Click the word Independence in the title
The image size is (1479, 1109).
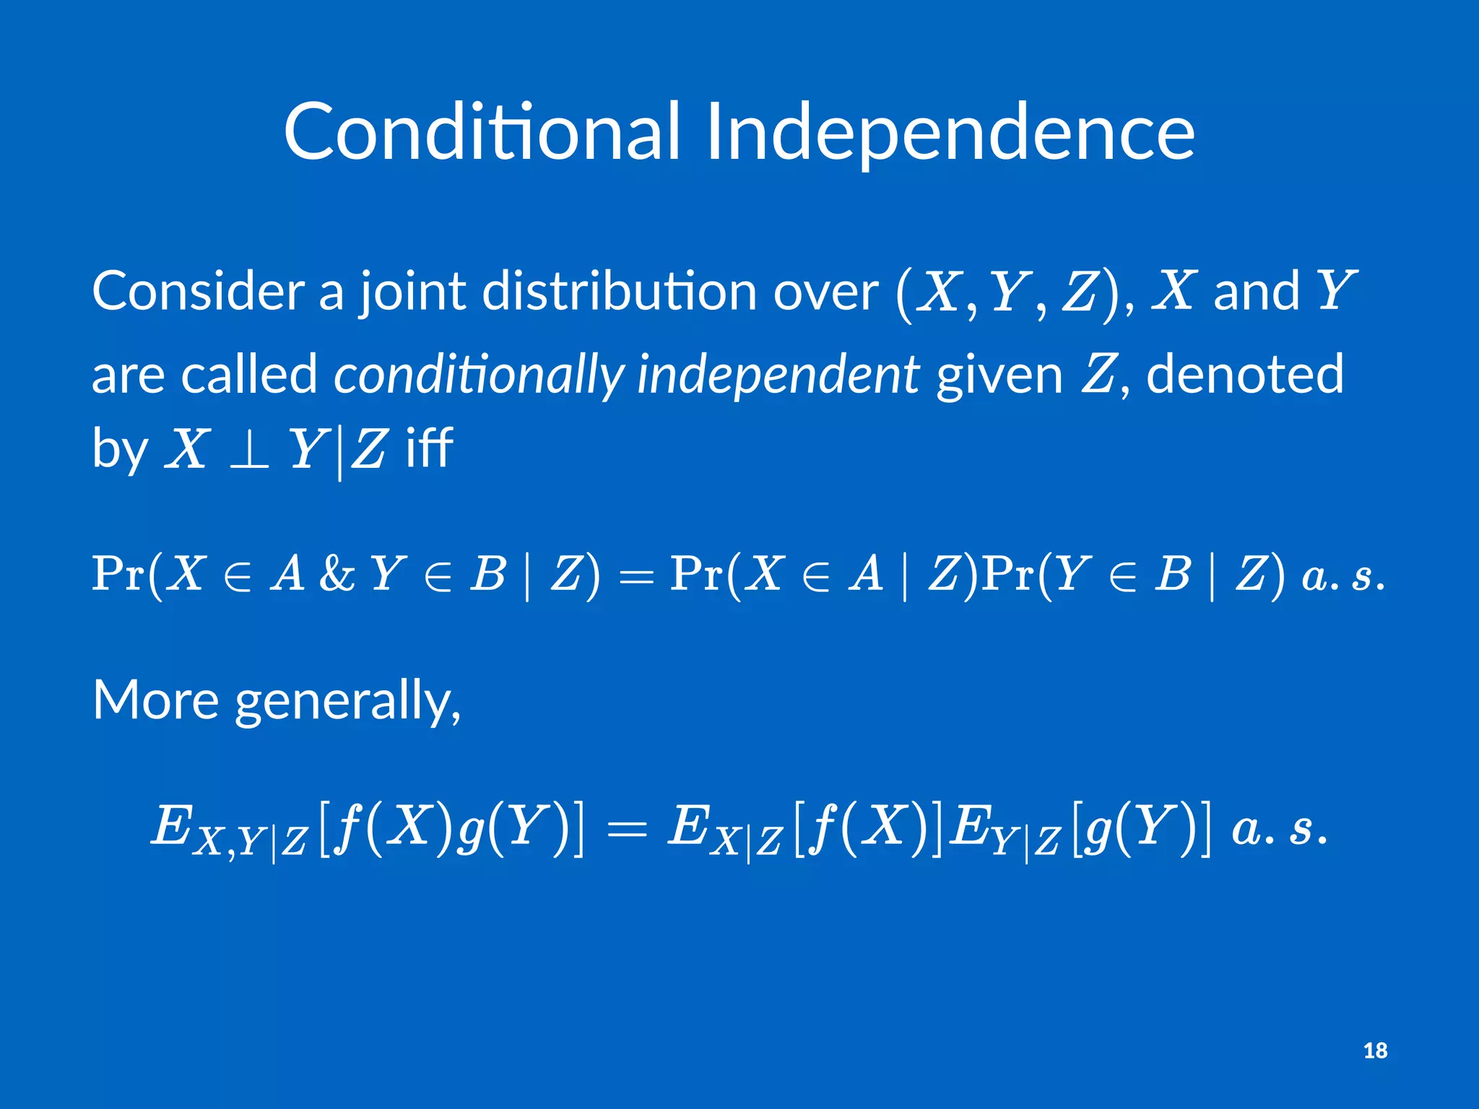click(949, 131)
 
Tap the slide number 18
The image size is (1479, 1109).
click(1375, 1050)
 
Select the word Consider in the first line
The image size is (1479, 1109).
click(198, 291)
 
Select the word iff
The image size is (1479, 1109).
click(429, 448)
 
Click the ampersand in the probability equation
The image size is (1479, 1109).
click(337, 574)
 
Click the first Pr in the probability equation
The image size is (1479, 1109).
click(118, 574)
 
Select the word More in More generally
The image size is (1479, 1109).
click(155, 700)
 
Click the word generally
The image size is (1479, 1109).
click(347, 701)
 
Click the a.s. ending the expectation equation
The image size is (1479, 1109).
click(1279, 828)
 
